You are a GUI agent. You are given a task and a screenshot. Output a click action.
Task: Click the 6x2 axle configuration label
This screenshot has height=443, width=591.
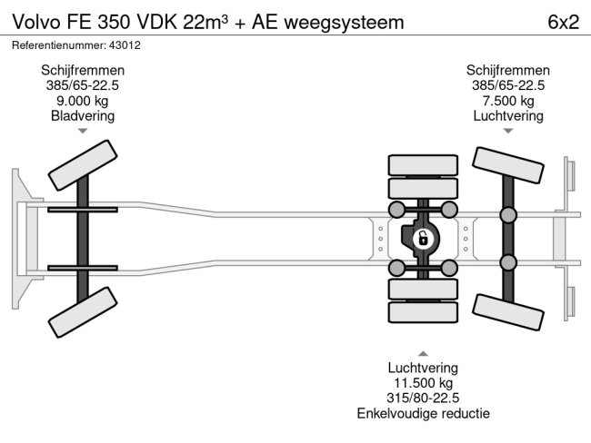click(563, 22)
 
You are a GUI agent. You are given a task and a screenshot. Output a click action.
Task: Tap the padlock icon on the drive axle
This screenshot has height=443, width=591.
click(422, 239)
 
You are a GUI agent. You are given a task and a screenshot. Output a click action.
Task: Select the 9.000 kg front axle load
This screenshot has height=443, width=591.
click(83, 101)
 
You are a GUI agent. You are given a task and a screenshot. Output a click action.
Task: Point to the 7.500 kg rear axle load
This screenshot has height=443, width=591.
click(508, 101)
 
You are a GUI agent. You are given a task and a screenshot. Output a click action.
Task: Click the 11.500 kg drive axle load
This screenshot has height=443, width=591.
click(423, 383)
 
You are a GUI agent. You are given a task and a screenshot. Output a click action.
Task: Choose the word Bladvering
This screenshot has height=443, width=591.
click(83, 116)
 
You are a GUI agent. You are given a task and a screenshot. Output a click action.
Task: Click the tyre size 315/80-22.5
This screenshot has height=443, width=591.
click(423, 399)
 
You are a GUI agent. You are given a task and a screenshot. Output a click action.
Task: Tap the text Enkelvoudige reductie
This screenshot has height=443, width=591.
click(423, 414)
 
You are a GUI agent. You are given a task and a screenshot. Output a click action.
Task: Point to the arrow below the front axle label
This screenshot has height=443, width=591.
click(83, 132)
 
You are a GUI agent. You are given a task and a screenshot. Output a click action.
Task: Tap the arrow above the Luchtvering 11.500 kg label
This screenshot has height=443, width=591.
click(423, 352)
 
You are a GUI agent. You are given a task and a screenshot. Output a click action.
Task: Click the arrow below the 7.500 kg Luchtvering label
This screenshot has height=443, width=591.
click(508, 132)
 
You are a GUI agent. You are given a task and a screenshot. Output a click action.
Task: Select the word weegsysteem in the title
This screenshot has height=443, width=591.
click(349, 22)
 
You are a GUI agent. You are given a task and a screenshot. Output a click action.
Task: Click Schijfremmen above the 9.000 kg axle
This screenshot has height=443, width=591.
click(83, 70)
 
